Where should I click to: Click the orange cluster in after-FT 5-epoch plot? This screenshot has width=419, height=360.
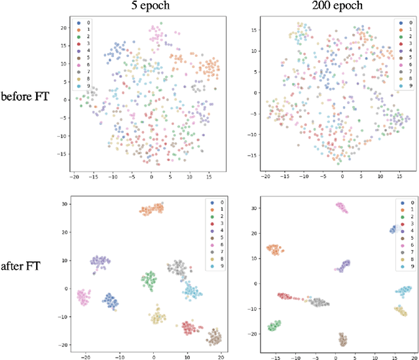pos(152,209)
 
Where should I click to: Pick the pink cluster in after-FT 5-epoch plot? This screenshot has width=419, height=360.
pos(83,297)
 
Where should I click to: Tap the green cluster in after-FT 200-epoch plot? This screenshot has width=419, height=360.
pos(274,326)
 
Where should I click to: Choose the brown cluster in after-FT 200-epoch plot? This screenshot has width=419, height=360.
pos(342,339)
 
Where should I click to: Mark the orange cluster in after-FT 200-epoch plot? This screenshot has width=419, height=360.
pos(274,249)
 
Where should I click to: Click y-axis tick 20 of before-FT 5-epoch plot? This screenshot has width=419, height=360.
pos(64,28)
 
